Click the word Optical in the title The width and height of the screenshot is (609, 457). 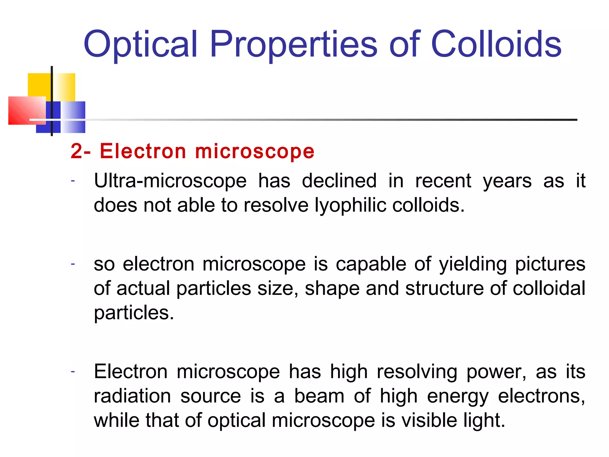click(141, 45)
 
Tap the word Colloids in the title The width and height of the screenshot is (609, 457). click(496, 45)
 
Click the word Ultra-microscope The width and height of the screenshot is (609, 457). click(170, 181)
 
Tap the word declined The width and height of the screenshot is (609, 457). click(339, 181)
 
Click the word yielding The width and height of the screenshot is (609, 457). click(473, 264)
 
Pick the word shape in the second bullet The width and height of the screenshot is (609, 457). click(332, 289)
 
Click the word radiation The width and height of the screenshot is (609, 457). click(132, 396)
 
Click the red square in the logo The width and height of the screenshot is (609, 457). click(25, 110)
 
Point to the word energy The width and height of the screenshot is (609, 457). click(458, 397)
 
